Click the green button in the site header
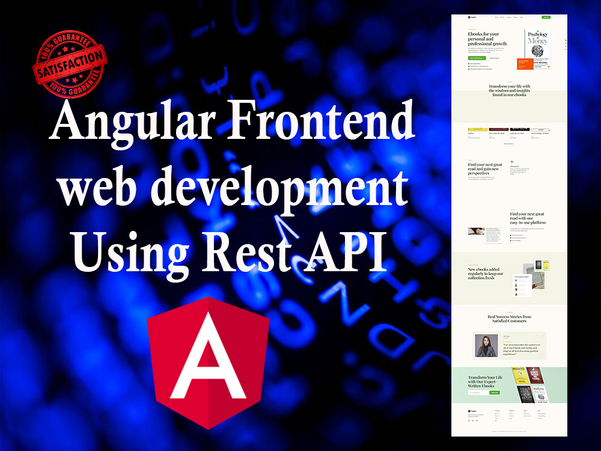tap(546, 17)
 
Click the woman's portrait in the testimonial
tap(486, 345)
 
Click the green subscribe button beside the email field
tap(495, 393)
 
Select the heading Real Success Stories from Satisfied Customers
tap(509, 319)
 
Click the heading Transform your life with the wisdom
tap(509, 90)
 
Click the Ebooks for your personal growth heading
tap(487, 39)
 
